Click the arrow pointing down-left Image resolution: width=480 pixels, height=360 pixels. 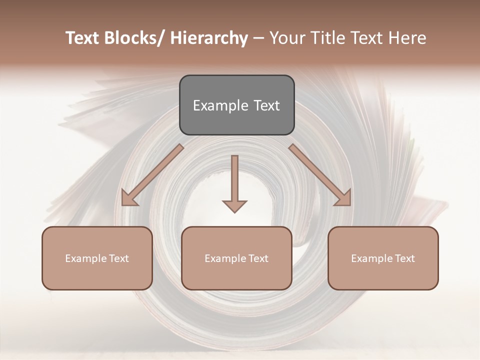tap(150, 175)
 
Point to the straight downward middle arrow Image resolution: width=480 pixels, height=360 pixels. tap(234, 180)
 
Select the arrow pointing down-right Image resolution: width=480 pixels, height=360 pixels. tap(320, 175)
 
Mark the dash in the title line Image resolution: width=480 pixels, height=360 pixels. tap(258, 38)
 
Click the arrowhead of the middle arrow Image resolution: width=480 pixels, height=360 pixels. tap(234, 206)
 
